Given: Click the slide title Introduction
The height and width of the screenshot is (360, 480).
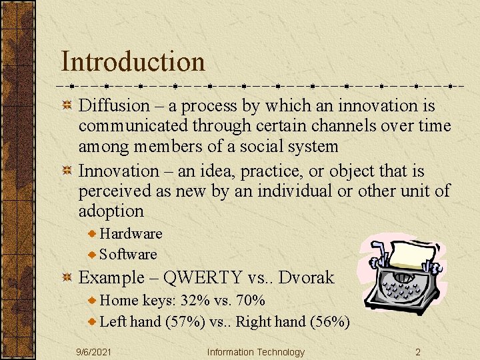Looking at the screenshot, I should point(133,61).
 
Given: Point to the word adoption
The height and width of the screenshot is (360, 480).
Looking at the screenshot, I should point(111,211).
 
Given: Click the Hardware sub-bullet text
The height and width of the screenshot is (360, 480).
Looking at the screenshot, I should point(131,233).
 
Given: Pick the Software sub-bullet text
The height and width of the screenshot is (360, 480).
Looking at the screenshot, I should point(128,254).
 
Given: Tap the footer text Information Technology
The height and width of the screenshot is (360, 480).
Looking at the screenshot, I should point(255,352).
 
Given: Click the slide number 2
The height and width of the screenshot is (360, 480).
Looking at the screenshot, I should point(417,352).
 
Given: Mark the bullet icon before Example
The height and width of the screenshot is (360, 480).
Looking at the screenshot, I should point(67,277).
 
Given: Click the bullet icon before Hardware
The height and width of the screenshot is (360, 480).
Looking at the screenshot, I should point(93,233).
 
